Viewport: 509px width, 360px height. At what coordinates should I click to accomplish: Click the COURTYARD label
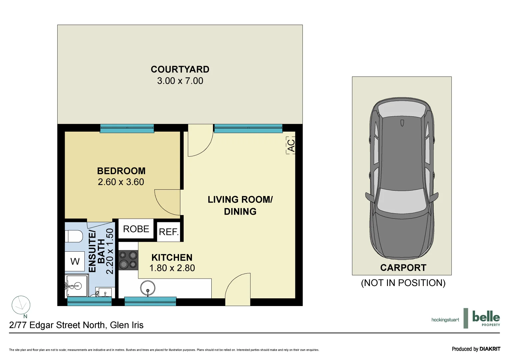(x=180, y=69)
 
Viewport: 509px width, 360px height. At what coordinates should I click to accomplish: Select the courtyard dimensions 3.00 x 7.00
(x=180, y=81)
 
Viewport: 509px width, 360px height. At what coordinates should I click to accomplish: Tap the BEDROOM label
(x=121, y=171)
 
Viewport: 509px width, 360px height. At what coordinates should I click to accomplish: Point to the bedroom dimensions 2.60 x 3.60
(x=121, y=182)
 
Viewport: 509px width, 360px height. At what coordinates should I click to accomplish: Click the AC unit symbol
(x=291, y=145)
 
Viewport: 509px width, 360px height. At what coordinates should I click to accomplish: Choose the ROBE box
(x=136, y=229)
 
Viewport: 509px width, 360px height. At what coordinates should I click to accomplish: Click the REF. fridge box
(x=169, y=232)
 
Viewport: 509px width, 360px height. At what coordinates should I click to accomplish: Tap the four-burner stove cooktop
(x=128, y=260)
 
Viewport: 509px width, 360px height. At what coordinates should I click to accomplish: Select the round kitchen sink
(x=148, y=288)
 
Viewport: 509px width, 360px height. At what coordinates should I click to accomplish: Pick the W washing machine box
(x=75, y=261)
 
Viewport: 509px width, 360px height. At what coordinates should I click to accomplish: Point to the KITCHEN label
(x=172, y=258)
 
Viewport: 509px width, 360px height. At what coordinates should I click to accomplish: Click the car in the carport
(x=402, y=177)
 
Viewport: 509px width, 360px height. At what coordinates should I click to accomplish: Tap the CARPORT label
(x=403, y=268)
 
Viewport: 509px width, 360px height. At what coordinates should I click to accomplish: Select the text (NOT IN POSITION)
(x=403, y=283)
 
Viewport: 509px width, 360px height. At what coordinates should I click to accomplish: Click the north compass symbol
(x=21, y=305)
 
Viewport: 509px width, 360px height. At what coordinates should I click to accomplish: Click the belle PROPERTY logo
(x=486, y=318)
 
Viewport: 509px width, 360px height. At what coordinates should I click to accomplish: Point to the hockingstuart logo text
(x=445, y=320)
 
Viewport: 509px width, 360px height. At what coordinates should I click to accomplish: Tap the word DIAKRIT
(x=490, y=349)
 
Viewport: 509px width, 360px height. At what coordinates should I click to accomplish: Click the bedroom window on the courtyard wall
(x=127, y=128)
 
